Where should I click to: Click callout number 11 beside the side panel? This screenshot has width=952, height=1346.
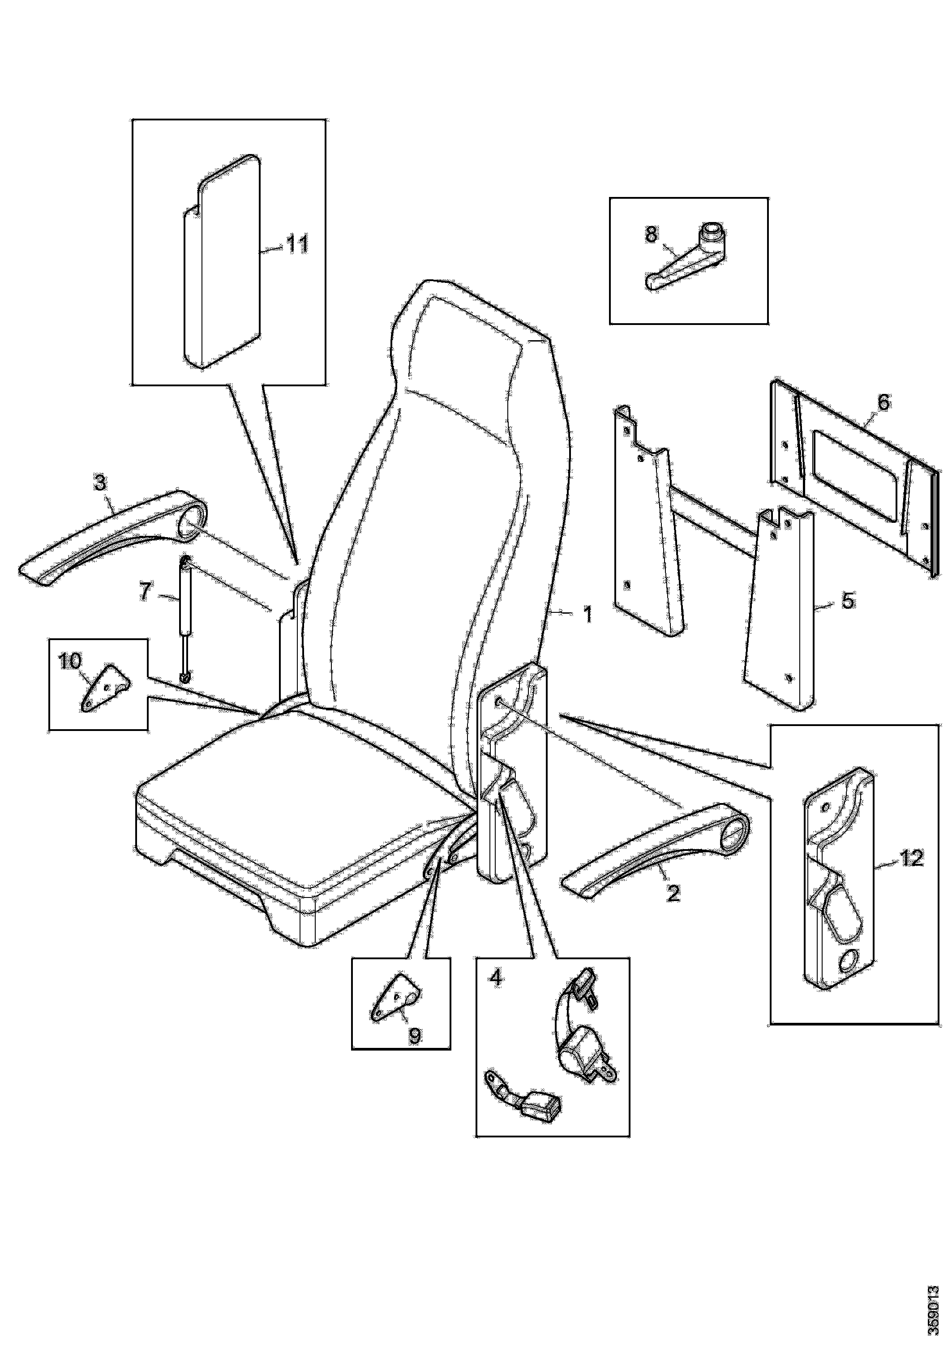pos(296,245)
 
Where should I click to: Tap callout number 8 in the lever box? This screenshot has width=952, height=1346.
pos(651,235)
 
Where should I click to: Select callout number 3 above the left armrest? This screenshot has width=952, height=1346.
pos(100,483)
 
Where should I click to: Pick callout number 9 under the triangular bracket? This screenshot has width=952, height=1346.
pos(414,1036)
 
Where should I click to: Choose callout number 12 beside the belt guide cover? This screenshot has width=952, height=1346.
pos(911,859)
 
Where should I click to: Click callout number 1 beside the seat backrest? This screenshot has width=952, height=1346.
pos(587,614)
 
